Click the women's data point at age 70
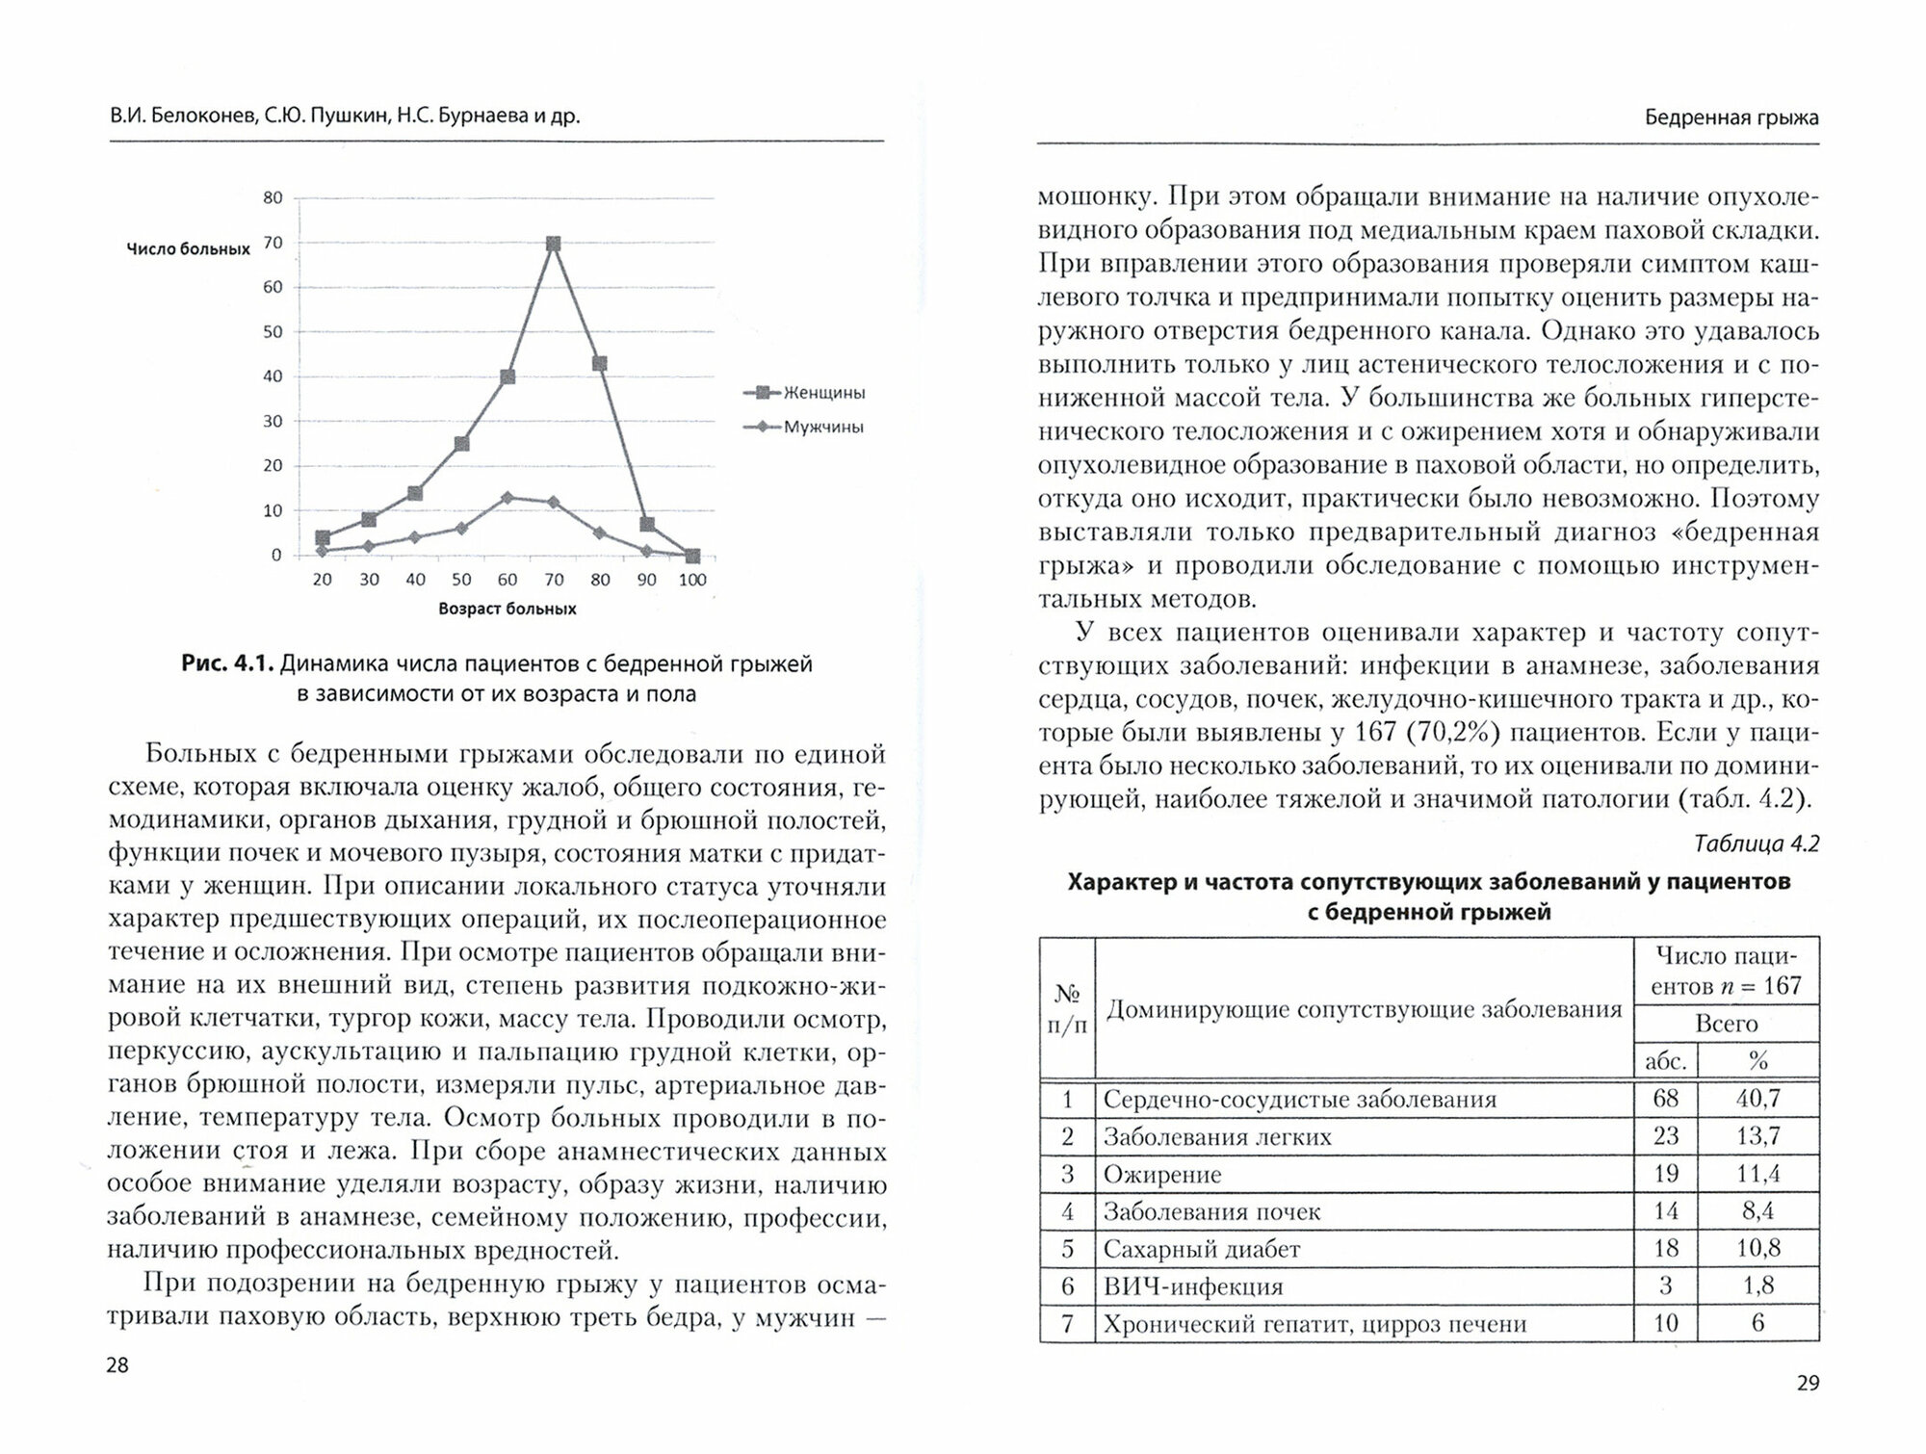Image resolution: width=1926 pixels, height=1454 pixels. pos(554,245)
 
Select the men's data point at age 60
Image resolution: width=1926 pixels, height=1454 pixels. pos(508,498)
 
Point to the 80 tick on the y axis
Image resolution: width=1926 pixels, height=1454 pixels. pos(273,198)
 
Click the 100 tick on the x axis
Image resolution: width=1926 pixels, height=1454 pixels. pos(692,580)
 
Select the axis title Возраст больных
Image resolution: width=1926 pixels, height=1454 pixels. pos(508,610)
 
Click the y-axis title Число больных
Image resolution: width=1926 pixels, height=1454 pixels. pos(189,249)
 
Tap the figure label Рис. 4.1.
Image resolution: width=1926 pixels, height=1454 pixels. pos(227,664)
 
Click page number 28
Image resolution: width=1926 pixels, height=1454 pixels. pos(117,1365)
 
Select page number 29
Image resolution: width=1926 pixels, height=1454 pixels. pos(1808,1384)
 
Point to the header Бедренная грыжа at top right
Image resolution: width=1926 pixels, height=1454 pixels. pos(1731,118)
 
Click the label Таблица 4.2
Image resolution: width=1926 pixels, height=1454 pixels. pos(1756,844)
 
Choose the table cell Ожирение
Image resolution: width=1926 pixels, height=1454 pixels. pos(1162,1175)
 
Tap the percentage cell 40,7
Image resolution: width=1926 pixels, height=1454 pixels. pos(1757,1099)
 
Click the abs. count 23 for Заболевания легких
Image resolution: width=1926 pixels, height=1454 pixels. pos(1666,1136)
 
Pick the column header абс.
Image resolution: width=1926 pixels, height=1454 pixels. pos(1666,1061)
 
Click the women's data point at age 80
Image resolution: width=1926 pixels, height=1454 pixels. pos(600,364)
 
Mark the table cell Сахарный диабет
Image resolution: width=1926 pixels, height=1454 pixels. pos(1202,1250)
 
